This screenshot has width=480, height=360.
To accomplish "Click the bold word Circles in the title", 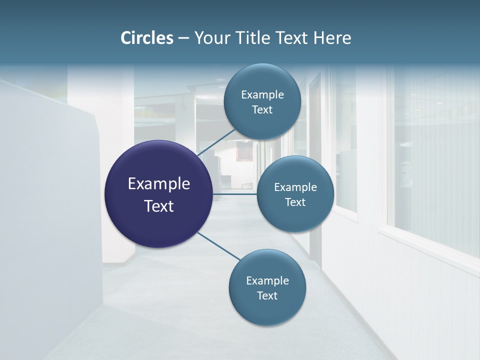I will [x=146, y=38].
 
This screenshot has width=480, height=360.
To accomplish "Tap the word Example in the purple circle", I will [x=159, y=184].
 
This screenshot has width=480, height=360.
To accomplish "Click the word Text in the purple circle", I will [x=159, y=206].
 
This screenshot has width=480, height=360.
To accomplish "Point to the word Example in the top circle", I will [x=262, y=94].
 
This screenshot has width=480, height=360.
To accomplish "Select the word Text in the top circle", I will [x=262, y=109].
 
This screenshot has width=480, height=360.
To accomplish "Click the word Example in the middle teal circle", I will [x=295, y=187].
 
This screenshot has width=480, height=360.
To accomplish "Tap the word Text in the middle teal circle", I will [x=295, y=202].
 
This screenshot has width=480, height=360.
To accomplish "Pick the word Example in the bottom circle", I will [x=267, y=280].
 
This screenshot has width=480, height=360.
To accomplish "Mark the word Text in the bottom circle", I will [x=267, y=295].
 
